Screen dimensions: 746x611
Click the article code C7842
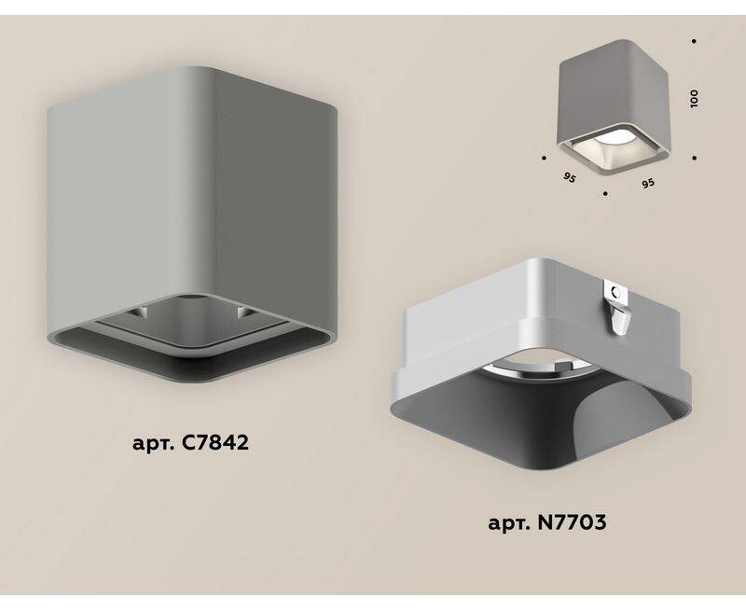pos(215,443)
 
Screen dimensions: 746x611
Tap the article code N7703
pos(572,522)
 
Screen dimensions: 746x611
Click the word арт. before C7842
pos(153,444)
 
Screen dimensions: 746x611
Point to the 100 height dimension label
pos(694,99)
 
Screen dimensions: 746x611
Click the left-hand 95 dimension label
pos(569,178)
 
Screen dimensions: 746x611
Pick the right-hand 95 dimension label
pos(647,183)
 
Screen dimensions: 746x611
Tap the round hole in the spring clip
pos(618,293)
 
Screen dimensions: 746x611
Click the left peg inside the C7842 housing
pos(139,312)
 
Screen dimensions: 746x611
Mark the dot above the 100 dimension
pos(694,41)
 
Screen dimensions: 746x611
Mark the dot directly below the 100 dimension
pos(694,158)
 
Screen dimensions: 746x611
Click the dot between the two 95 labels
pos(604,194)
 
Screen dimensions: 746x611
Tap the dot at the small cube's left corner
pos(544,157)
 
